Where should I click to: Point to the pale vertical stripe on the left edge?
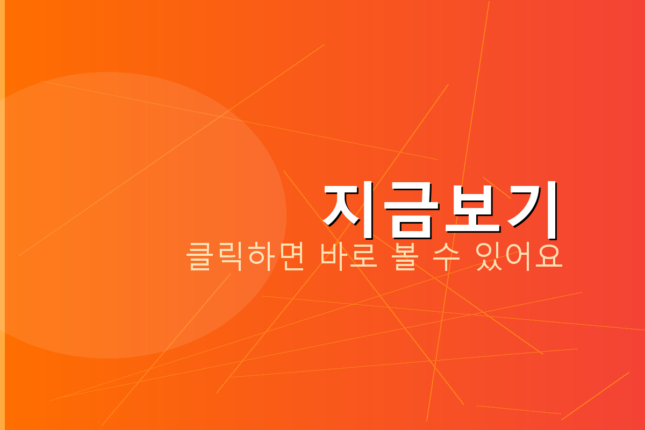point(2,215)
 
